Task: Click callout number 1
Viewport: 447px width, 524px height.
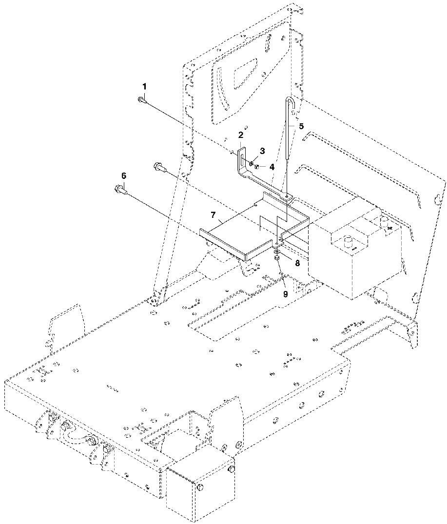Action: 144,86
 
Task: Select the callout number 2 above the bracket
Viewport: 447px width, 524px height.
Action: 241,135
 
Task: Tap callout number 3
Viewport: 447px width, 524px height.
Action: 262,151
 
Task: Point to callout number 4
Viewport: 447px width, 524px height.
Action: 272,166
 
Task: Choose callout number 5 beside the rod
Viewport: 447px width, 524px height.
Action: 301,125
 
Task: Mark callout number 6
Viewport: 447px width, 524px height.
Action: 123,175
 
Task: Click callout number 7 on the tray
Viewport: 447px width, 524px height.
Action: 213,214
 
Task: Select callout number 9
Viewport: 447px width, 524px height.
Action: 286,294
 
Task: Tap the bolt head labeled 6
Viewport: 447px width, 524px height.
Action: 118,189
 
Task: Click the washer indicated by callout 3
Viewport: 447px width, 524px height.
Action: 250,164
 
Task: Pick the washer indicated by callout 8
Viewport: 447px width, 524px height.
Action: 276,252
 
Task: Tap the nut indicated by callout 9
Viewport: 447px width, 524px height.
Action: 276,258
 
